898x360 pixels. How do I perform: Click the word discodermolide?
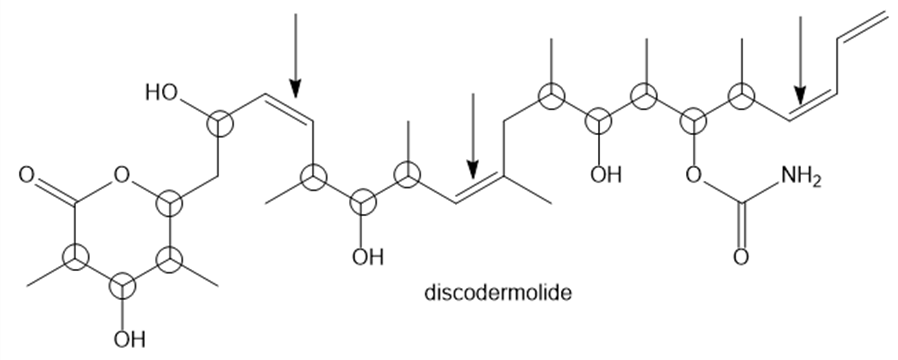(x=498, y=292)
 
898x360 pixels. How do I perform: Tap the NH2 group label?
(x=801, y=177)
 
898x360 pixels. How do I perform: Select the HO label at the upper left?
(x=162, y=93)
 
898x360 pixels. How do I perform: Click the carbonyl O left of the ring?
(x=26, y=175)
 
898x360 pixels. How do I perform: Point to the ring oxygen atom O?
(x=121, y=175)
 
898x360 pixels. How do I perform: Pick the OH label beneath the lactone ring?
(x=129, y=339)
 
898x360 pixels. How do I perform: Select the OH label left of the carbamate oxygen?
(x=606, y=175)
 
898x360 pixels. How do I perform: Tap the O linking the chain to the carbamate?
(x=693, y=175)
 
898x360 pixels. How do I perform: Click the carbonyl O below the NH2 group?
(x=741, y=257)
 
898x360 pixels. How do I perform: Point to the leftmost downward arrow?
(x=295, y=56)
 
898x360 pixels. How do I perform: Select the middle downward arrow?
(x=472, y=136)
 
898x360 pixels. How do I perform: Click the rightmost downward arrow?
(x=800, y=61)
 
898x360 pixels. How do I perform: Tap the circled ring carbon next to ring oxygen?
(x=170, y=203)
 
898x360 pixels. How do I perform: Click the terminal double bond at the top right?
(x=862, y=26)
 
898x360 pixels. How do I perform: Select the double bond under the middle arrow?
(x=480, y=187)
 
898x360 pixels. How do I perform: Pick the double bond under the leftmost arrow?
(x=288, y=108)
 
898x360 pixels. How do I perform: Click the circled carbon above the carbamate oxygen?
(x=693, y=121)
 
